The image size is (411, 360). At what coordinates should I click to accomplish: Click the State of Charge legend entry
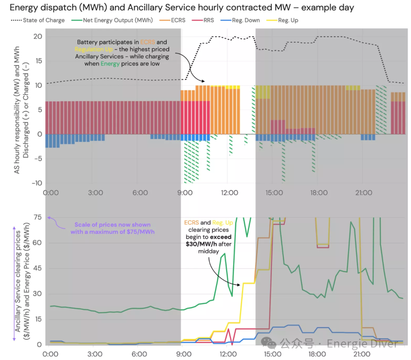coord(38,20)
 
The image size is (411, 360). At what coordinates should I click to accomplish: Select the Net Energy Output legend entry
coord(112,20)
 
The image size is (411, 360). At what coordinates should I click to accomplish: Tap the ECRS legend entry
coord(172,20)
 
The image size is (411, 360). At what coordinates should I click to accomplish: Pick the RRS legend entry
coord(203,20)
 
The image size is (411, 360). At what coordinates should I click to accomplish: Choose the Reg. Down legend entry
coord(240,20)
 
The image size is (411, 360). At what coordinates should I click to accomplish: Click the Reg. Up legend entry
coord(282,20)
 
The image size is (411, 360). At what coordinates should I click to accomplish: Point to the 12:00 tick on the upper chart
coord(229,193)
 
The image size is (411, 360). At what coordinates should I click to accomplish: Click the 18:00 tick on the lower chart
coord(317,354)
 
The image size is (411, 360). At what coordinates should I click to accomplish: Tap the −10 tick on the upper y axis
coord(37,183)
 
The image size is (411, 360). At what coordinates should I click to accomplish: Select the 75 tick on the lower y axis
coord(38,217)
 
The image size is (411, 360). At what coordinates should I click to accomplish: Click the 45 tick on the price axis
coord(37,268)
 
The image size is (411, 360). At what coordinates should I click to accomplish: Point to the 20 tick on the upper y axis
coord(38,37)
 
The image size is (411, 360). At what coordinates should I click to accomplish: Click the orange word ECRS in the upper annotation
coord(148,42)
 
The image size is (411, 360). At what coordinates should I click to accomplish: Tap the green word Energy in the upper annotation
coord(110,64)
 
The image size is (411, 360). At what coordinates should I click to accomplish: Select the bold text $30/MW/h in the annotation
coord(201,244)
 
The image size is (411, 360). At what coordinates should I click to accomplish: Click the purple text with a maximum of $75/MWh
coord(112,232)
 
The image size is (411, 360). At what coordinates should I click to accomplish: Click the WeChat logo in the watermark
coord(268,343)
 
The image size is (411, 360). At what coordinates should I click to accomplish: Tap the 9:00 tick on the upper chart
coord(185,193)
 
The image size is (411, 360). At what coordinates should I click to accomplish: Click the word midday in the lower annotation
coord(209,252)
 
